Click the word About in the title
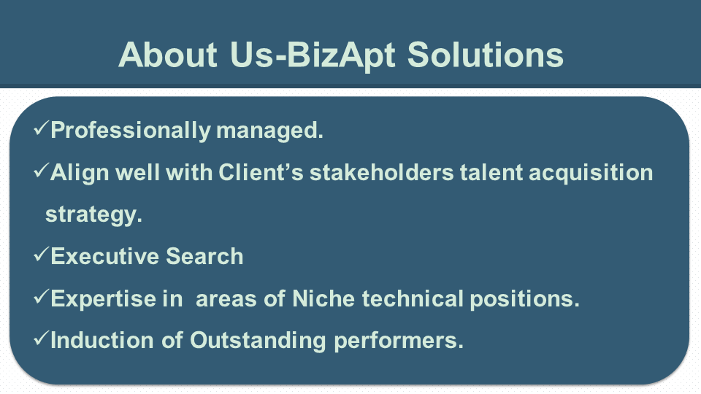click(x=168, y=55)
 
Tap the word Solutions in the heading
click(x=485, y=55)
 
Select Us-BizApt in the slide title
click(x=313, y=55)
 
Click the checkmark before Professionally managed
click(x=41, y=128)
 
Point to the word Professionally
click(x=131, y=131)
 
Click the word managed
click(x=269, y=131)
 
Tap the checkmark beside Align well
click(x=41, y=170)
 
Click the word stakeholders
click(x=382, y=172)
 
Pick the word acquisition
click(x=591, y=174)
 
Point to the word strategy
click(x=94, y=215)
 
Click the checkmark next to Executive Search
click(x=41, y=254)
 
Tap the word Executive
click(x=105, y=256)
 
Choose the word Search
click(x=204, y=256)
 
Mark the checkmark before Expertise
click(x=41, y=296)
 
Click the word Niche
click(x=323, y=298)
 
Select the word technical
click(x=413, y=298)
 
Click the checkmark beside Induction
click(x=41, y=338)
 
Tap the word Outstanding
click(x=258, y=341)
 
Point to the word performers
click(x=399, y=341)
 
